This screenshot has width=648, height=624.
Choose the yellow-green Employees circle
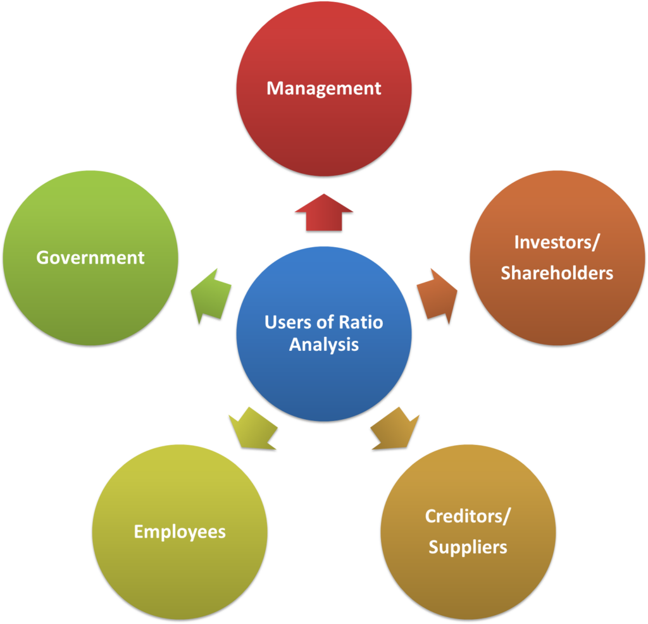[179, 569]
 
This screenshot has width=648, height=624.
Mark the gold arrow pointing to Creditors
[396, 428]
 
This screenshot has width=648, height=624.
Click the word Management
[323, 88]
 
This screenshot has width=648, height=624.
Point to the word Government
[90, 258]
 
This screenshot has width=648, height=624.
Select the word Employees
[179, 532]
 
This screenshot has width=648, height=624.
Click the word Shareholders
[557, 272]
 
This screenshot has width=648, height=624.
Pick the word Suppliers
[468, 547]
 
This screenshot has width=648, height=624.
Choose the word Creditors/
[468, 516]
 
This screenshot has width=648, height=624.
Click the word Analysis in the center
[323, 345]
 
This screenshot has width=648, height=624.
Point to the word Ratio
[361, 322]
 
